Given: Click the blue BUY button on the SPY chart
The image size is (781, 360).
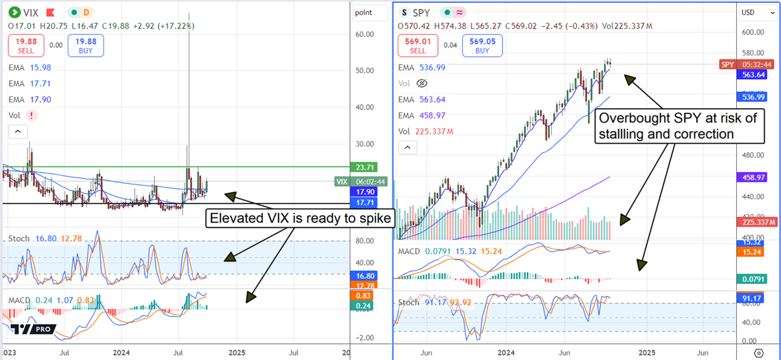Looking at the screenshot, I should (x=482, y=45).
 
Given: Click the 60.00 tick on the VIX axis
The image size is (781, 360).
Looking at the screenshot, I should (x=364, y=34).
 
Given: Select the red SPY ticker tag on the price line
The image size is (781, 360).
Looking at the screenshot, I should (x=728, y=64).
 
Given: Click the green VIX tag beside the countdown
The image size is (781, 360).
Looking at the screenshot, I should (x=341, y=182).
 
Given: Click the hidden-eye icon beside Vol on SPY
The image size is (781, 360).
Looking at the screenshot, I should (x=422, y=83).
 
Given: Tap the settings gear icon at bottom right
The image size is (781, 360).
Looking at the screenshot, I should (x=758, y=352).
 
